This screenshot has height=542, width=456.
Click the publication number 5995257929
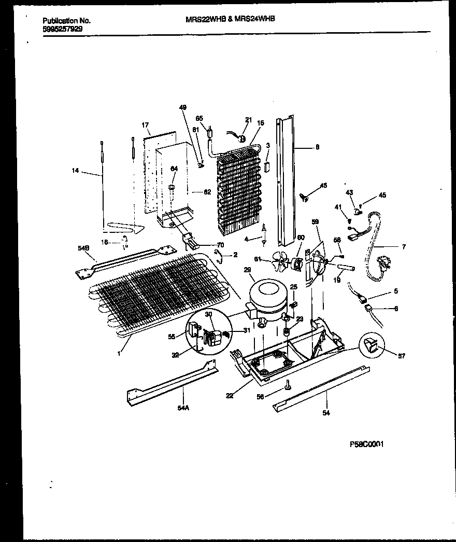click(62, 30)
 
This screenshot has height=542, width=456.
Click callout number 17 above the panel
click(146, 125)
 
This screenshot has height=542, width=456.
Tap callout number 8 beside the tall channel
click(317, 147)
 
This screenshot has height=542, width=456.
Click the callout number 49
click(182, 108)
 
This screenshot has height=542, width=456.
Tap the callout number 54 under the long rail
click(326, 413)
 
